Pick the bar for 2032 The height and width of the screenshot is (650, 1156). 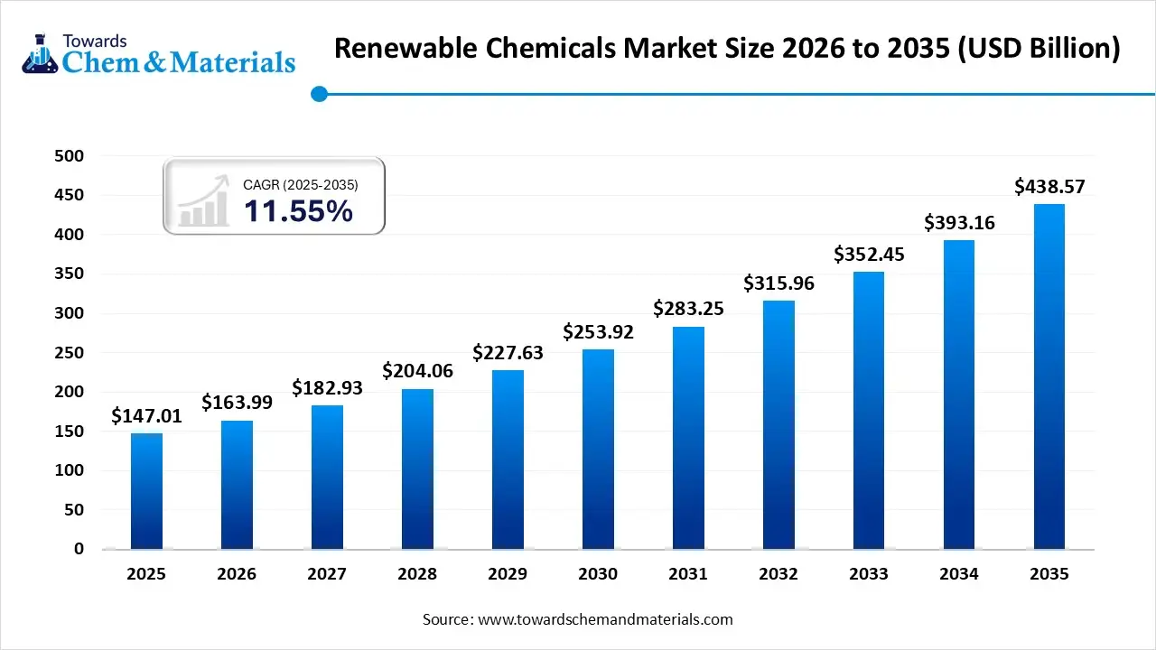pyautogui.click(x=778, y=424)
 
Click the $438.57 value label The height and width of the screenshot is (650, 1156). pyautogui.click(x=1049, y=187)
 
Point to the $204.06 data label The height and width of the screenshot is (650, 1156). pyautogui.click(x=417, y=371)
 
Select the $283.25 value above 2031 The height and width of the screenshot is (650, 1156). pyautogui.click(x=688, y=309)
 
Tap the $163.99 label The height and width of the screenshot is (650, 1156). pyautogui.click(x=237, y=403)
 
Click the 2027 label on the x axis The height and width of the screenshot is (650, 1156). pyautogui.click(x=327, y=574)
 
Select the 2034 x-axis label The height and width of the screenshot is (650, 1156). pyautogui.click(x=959, y=574)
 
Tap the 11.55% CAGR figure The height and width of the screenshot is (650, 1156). pyautogui.click(x=298, y=211)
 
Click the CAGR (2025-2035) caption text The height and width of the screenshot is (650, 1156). pyautogui.click(x=301, y=184)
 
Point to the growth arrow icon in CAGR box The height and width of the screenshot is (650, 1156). pyautogui.click(x=203, y=204)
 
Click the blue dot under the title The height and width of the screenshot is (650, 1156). pyautogui.click(x=318, y=94)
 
